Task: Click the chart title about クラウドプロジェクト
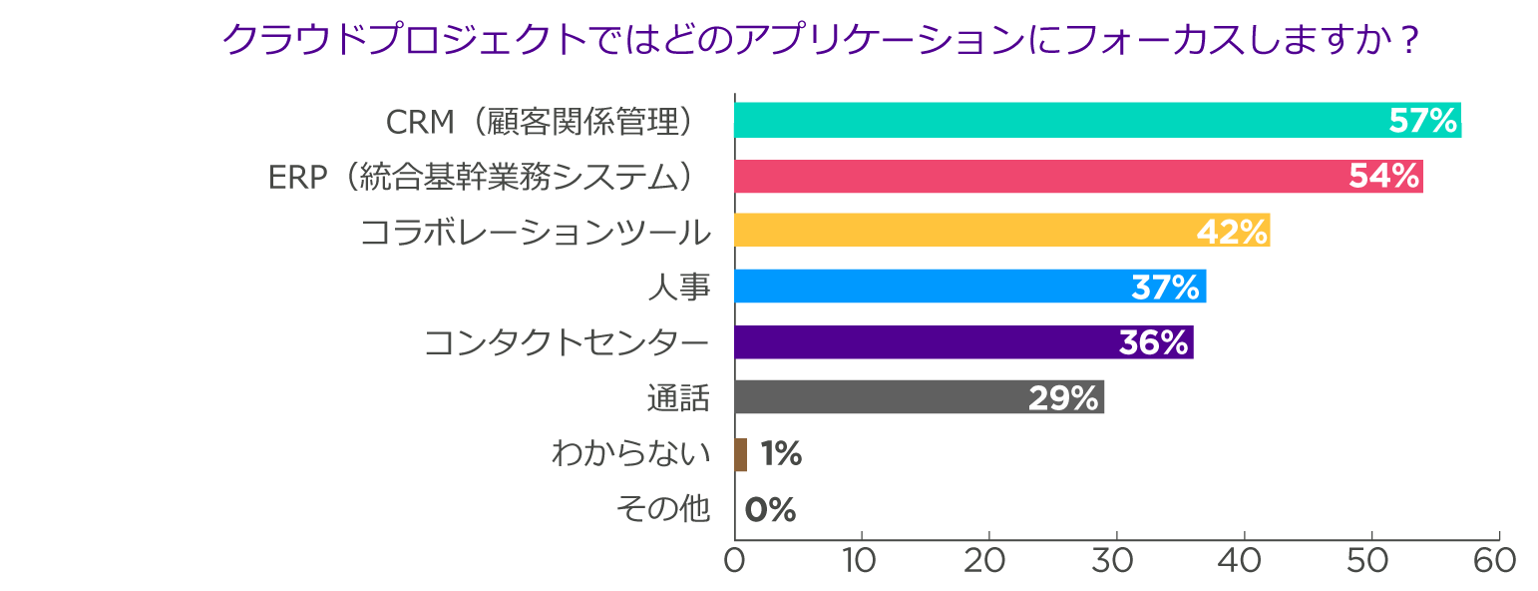[x=820, y=41]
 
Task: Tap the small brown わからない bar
[x=740, y=454]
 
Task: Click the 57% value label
[x=1423, y=121]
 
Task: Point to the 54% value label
[x=1383, y=177]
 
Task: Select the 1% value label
[x=780, y=454]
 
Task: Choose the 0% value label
[x=770, y=510]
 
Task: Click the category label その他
[x=662, y=509]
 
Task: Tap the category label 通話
[x=678, y=398]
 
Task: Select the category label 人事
[x=678, y=288]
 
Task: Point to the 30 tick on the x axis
[x=1116, y=560]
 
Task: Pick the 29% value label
[x=1063, y=398]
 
